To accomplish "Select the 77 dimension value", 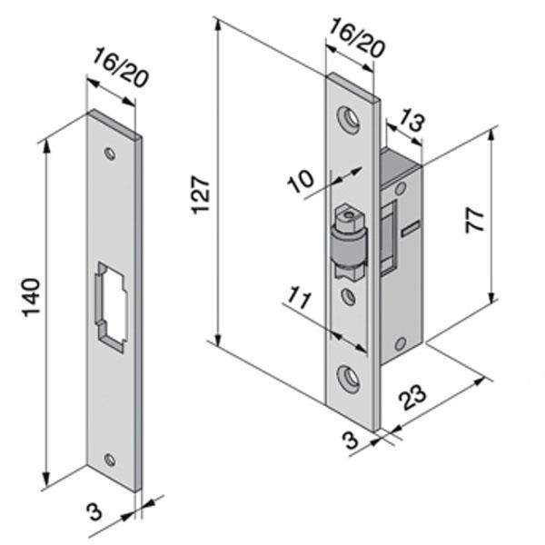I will point(474,221).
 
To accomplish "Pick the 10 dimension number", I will point(300,181).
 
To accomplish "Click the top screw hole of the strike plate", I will point(109,154).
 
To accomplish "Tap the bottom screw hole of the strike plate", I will point(110,460).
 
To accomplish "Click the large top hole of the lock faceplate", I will point(349,117).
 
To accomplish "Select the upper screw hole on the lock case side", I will point(400,188).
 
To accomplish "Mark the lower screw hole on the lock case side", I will point(400,342).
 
